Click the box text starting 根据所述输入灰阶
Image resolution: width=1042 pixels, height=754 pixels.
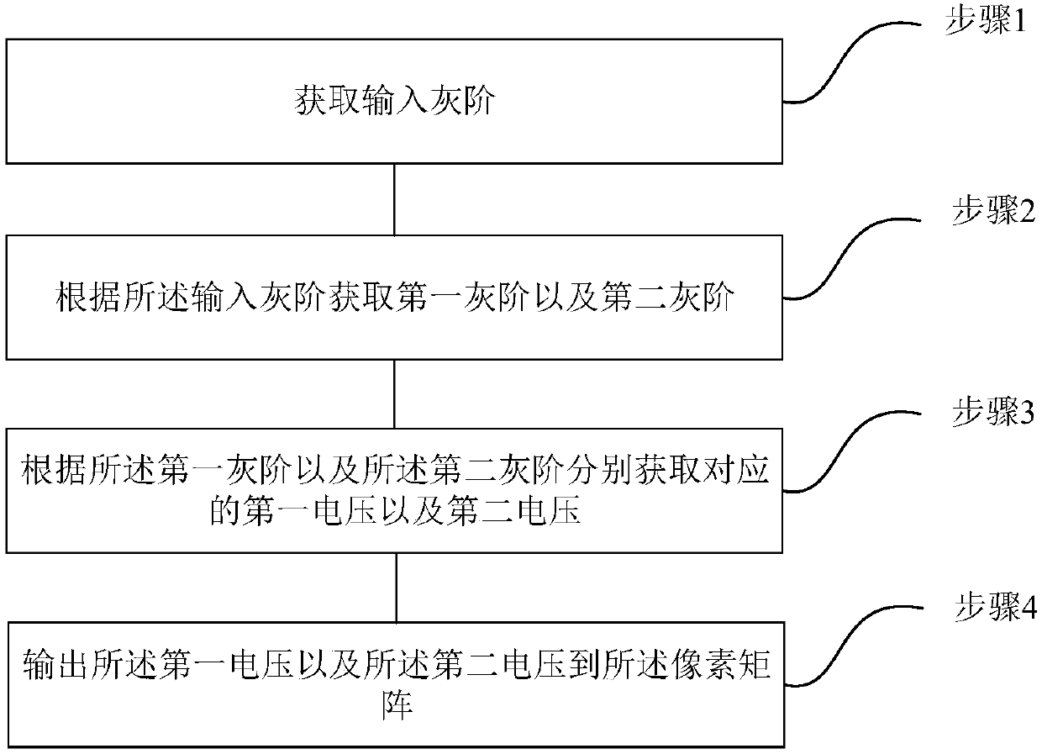tap(395, 298)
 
